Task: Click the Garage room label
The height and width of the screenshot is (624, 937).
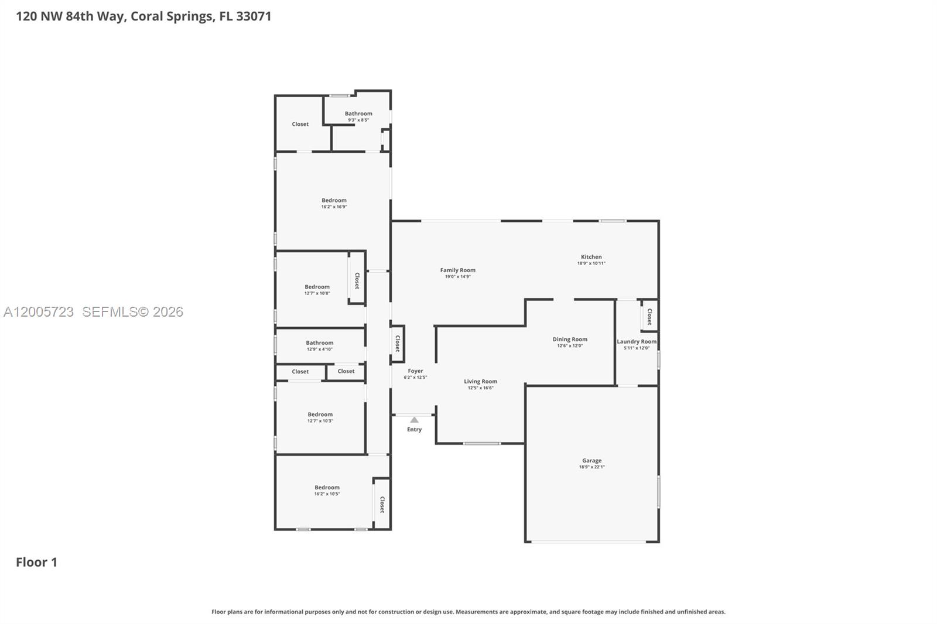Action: (x=591, y=461)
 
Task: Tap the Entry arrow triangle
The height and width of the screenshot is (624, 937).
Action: (x=414, y=420)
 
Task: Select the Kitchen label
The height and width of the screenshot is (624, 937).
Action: (x=591, y=257)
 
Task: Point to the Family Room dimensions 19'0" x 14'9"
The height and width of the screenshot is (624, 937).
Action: (x=457, y=277)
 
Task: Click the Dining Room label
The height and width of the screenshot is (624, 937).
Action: (x=569, y=340)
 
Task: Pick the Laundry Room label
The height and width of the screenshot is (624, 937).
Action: (x=636, y=342)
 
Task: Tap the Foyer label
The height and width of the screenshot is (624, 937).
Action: (x=415, y=371)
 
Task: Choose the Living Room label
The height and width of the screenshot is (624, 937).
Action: (x=480, y=382)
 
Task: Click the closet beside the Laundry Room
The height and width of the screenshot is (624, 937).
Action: (x=649, y=316)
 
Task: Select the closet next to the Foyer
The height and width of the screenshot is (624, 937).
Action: (x=398, y=343)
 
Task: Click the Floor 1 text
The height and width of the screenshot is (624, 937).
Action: (x=36, y=562)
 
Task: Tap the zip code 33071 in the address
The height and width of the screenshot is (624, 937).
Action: (x=254, y=16)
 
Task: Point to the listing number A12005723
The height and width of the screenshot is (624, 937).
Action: (x=39, y=312)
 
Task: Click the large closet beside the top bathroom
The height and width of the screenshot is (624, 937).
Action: (x=300, y=124)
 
